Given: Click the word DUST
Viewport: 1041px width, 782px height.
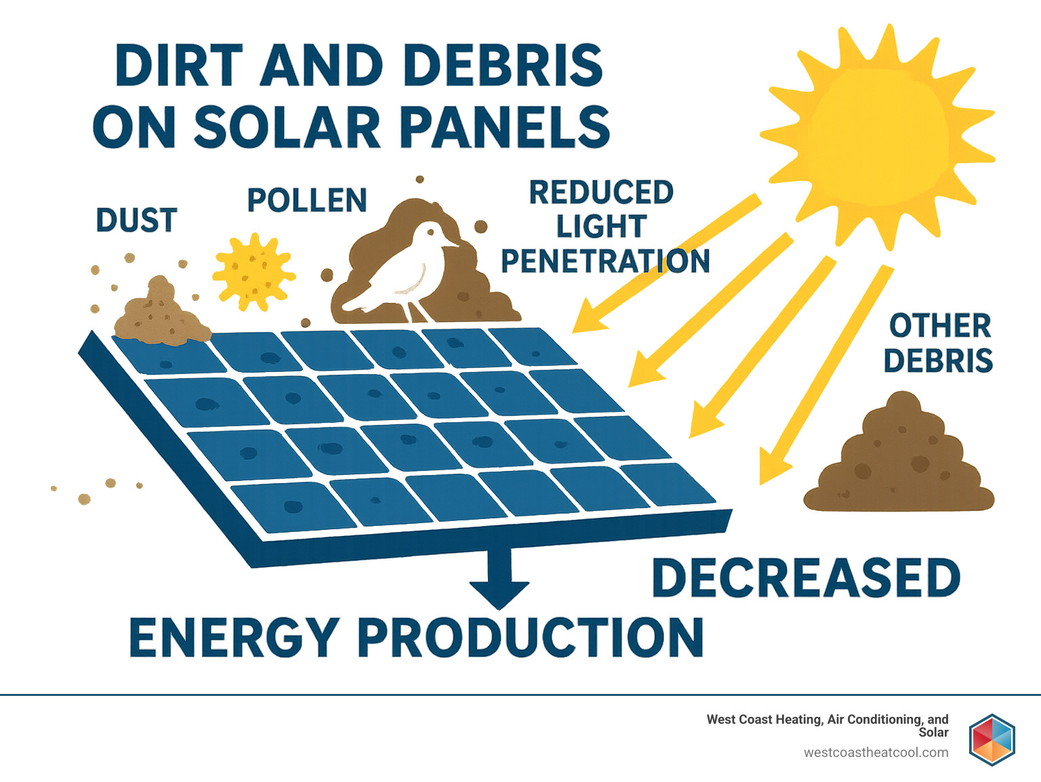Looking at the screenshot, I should (136, 221).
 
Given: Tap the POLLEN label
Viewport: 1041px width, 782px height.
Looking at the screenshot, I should (306, 201).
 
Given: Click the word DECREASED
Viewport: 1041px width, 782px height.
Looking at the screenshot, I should (805, 578).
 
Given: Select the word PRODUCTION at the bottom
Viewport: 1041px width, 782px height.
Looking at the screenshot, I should (530, 638).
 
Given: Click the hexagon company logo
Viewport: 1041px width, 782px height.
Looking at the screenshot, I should (992, 739).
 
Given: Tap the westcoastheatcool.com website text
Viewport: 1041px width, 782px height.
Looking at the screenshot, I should (876, 752).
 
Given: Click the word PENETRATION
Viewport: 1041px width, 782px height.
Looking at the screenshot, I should (605, 262).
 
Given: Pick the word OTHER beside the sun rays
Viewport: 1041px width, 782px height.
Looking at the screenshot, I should (940, 326).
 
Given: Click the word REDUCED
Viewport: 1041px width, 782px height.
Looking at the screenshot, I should (601, 192).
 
